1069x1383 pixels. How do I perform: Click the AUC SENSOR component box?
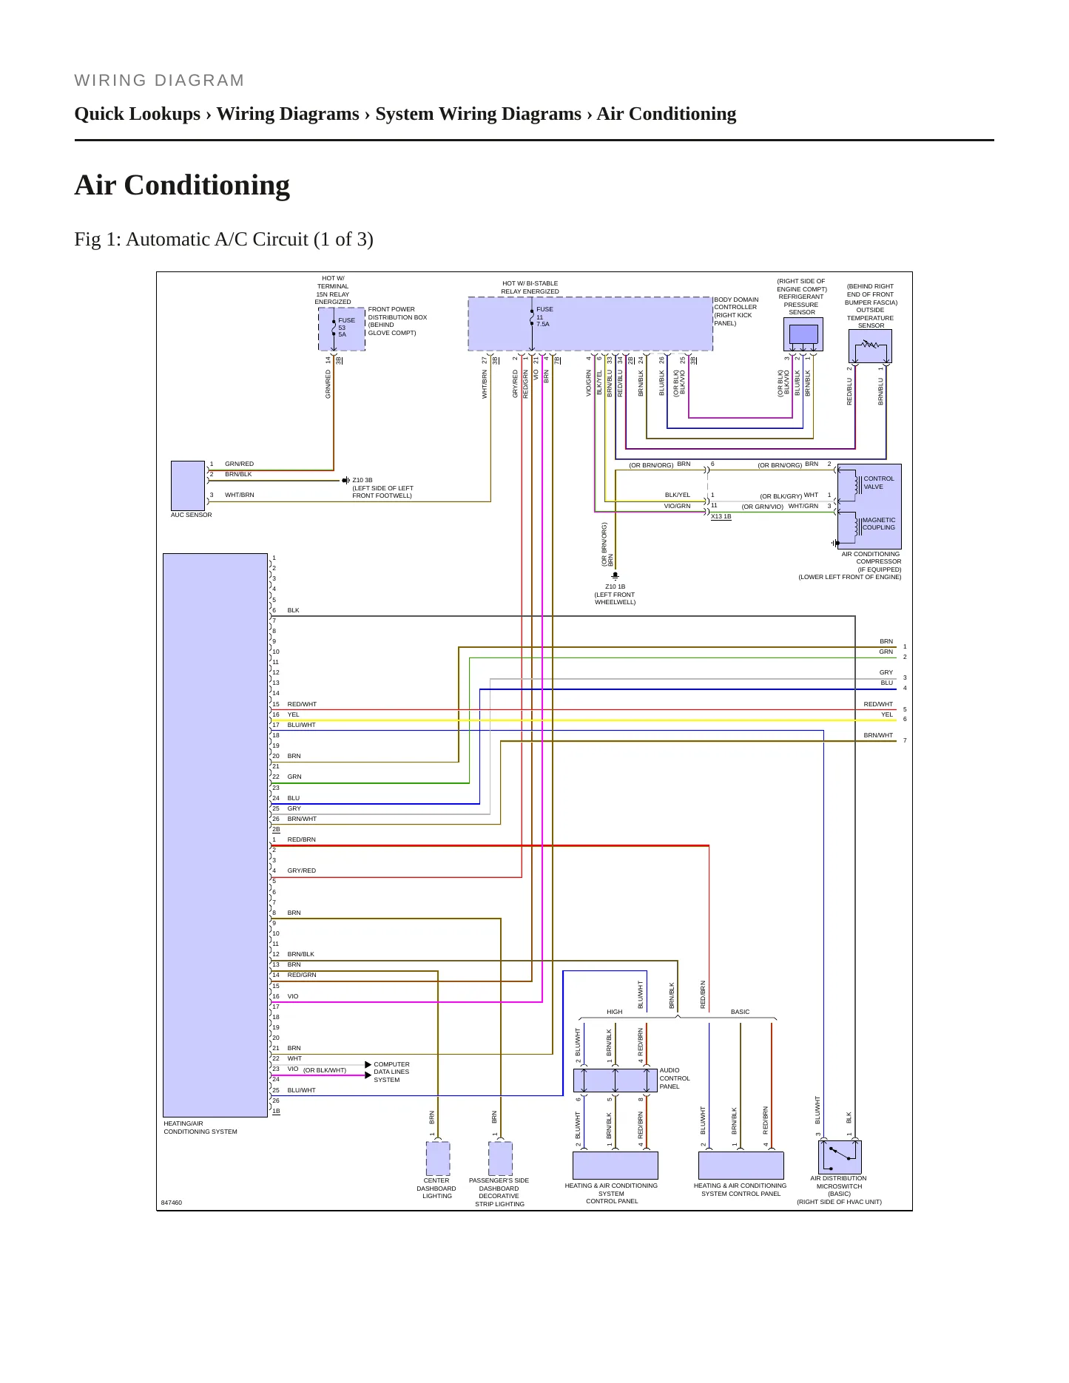[188, 485]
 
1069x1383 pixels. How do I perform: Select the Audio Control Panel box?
[616, 1080]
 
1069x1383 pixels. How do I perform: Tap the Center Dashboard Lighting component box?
[438, 1158]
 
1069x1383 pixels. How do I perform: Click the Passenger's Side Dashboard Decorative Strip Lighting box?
[501, 1158]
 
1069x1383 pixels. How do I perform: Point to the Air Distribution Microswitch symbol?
[840, 1157]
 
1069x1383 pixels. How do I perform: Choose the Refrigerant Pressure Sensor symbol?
[803, 335]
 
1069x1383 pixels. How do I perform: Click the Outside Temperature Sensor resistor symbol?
[870, 345]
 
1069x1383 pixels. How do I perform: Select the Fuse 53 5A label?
[346, 327]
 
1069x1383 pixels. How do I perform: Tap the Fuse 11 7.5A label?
[544, 317]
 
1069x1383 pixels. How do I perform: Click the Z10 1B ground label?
[615, 586]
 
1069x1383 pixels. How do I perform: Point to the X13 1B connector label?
[721, 516]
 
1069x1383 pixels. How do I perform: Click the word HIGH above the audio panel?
[615, 1012]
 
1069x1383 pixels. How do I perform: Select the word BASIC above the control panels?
[740, 1012]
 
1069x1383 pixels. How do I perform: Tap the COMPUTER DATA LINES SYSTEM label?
[391, 1072]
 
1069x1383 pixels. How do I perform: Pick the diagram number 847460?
[171, 1203]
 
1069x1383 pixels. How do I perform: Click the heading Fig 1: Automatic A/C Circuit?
[223, 240]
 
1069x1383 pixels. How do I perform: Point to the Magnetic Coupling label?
[879, 524]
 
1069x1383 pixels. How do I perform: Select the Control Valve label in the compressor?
[879, 482]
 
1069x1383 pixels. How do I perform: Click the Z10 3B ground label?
[362, 480]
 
